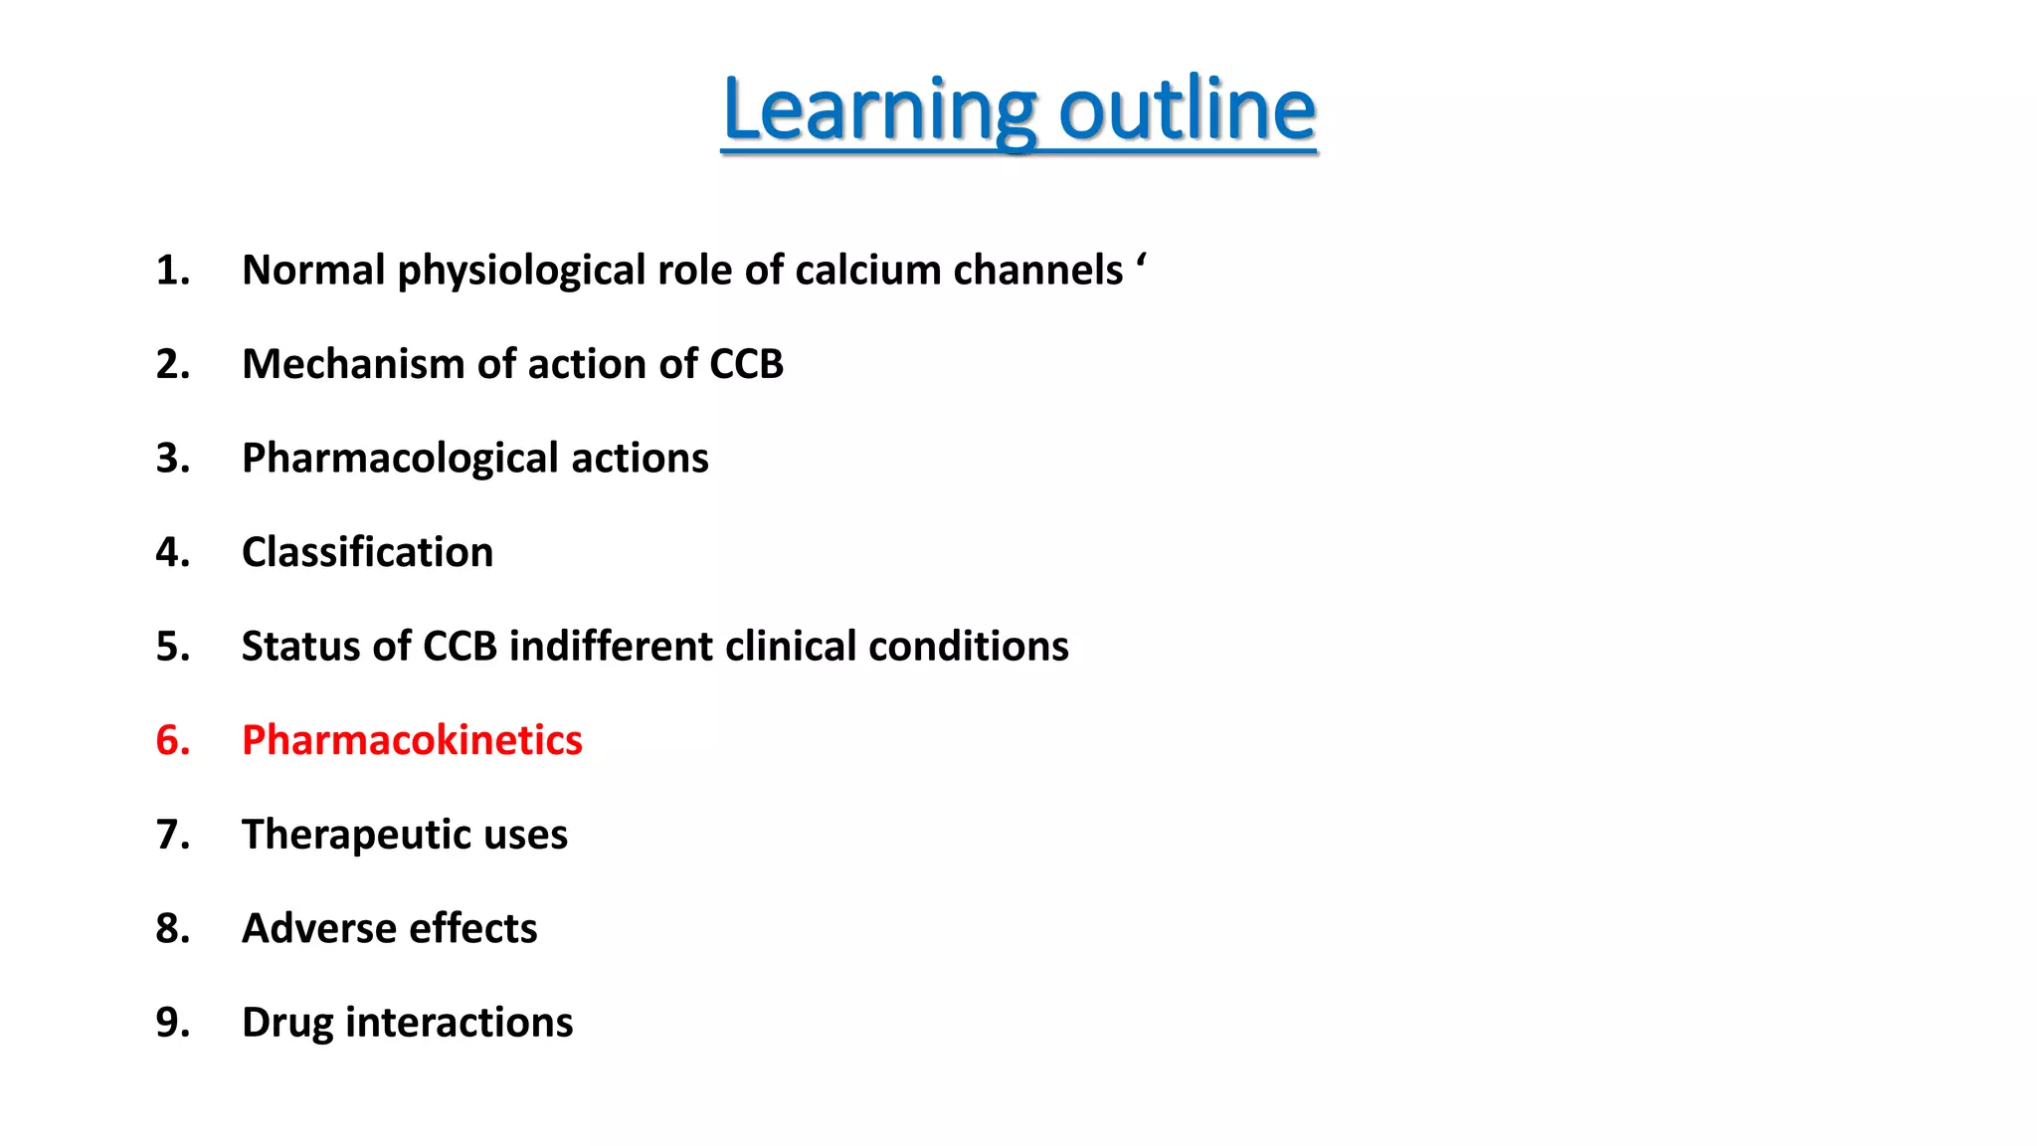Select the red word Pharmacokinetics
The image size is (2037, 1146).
click(x=412, y=740)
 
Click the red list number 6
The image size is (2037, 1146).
click(x=172, y=740)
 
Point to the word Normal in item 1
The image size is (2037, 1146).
click(x=313, y=271)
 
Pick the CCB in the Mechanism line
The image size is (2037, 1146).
click(x=746, y=364)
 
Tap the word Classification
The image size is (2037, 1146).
click(x=367, y=552)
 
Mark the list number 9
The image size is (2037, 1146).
click(x=172, y=1023)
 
